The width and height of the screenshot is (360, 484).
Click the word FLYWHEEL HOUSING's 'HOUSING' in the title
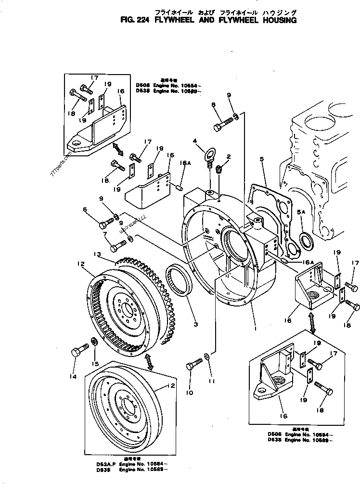point(276,21)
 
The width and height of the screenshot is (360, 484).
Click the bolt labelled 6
point(106,224)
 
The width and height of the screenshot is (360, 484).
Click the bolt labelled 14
point(78,353)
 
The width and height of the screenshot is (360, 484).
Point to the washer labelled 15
point(95,342)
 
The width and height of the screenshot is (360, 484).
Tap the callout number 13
point(98,254)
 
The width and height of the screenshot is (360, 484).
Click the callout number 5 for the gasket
point(262,158)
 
